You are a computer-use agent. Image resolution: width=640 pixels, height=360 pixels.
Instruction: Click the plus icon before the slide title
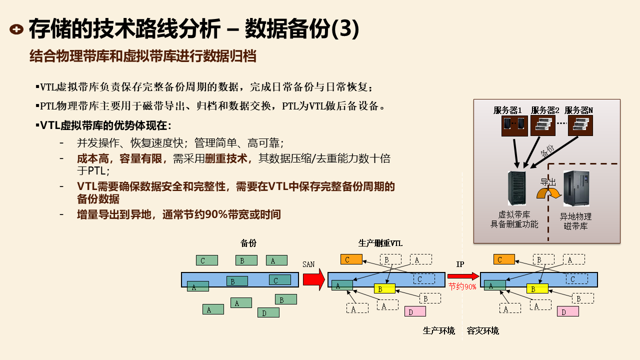coord(16,29)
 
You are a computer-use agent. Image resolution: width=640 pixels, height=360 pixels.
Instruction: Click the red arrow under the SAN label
coord(314,279)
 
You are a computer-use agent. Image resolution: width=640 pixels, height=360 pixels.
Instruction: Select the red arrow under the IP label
coord(463,275)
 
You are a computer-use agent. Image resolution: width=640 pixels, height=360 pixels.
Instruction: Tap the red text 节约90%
coord(462,287)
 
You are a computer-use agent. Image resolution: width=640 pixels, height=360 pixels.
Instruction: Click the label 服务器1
coord(507,110)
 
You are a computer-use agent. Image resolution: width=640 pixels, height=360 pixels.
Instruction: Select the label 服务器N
coord(578,110)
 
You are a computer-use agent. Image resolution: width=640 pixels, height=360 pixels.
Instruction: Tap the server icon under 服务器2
coord(542,126)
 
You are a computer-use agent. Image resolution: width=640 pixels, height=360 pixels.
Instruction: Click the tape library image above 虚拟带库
coord(516,187)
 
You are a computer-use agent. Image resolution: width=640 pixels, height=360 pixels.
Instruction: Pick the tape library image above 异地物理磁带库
coord(576,188)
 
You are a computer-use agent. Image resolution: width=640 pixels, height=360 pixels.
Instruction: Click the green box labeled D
coord(268,313)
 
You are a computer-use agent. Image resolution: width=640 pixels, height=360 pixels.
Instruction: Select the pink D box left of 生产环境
coord(415,311)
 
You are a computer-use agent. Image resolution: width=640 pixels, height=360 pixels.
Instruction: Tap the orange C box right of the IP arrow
coord(503,259)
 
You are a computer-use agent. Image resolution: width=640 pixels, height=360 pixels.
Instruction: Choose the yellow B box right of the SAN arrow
coord(384,289)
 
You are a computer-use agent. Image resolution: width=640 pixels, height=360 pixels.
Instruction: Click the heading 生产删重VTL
coord(380,243)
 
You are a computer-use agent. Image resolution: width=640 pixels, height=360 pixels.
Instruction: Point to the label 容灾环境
coord(482,331)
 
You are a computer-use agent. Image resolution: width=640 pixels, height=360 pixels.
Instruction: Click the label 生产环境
coord(438,331)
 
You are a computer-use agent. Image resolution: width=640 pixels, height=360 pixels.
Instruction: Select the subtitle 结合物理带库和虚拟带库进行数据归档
coord(143,56)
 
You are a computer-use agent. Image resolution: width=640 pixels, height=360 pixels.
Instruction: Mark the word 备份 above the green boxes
coord(248,243)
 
